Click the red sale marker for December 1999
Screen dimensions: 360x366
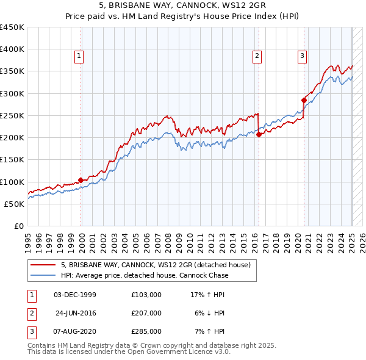pos(81,180)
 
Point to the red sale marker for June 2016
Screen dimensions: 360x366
pos(259,135)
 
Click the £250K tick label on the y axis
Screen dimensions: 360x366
pos(12,115)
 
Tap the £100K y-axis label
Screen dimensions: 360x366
pos(12,182)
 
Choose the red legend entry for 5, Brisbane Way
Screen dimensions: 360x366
pos(156,265)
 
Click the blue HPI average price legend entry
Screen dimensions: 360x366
pos(145,275)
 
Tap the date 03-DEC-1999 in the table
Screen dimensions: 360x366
pos(75,295)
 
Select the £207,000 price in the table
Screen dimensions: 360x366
pos(146,313)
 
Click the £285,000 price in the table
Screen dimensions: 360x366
pos(146,331)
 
